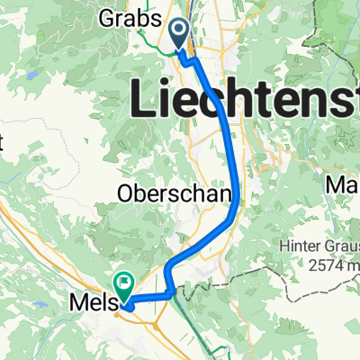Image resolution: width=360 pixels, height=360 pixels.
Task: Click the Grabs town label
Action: (x=138, y=19)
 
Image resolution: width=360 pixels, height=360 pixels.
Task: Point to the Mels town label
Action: (x=91, y=306)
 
